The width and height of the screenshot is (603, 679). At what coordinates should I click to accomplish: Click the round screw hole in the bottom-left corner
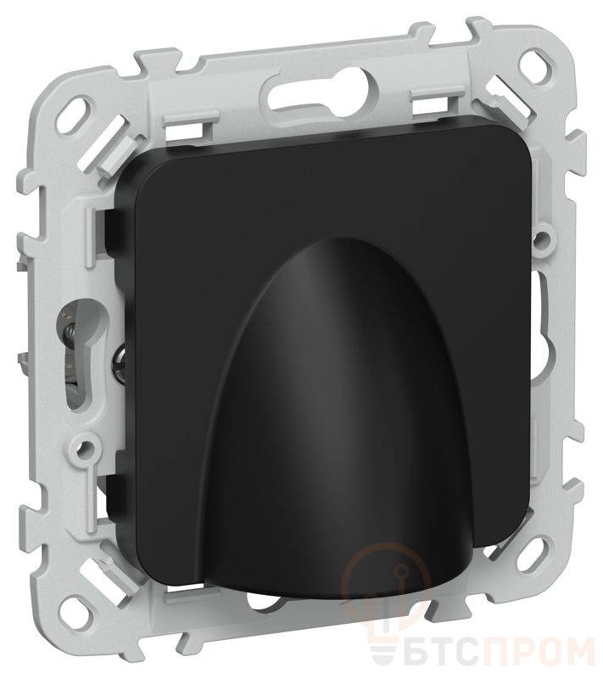click(x=81, y=606)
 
